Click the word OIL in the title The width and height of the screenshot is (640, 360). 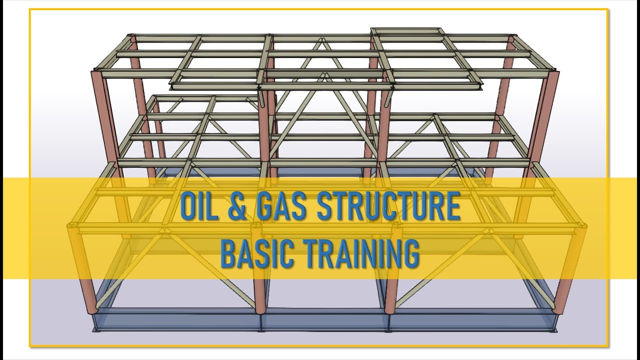198,207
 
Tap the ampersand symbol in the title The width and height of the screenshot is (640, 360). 236,207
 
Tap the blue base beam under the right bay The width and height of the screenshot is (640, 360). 475,320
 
